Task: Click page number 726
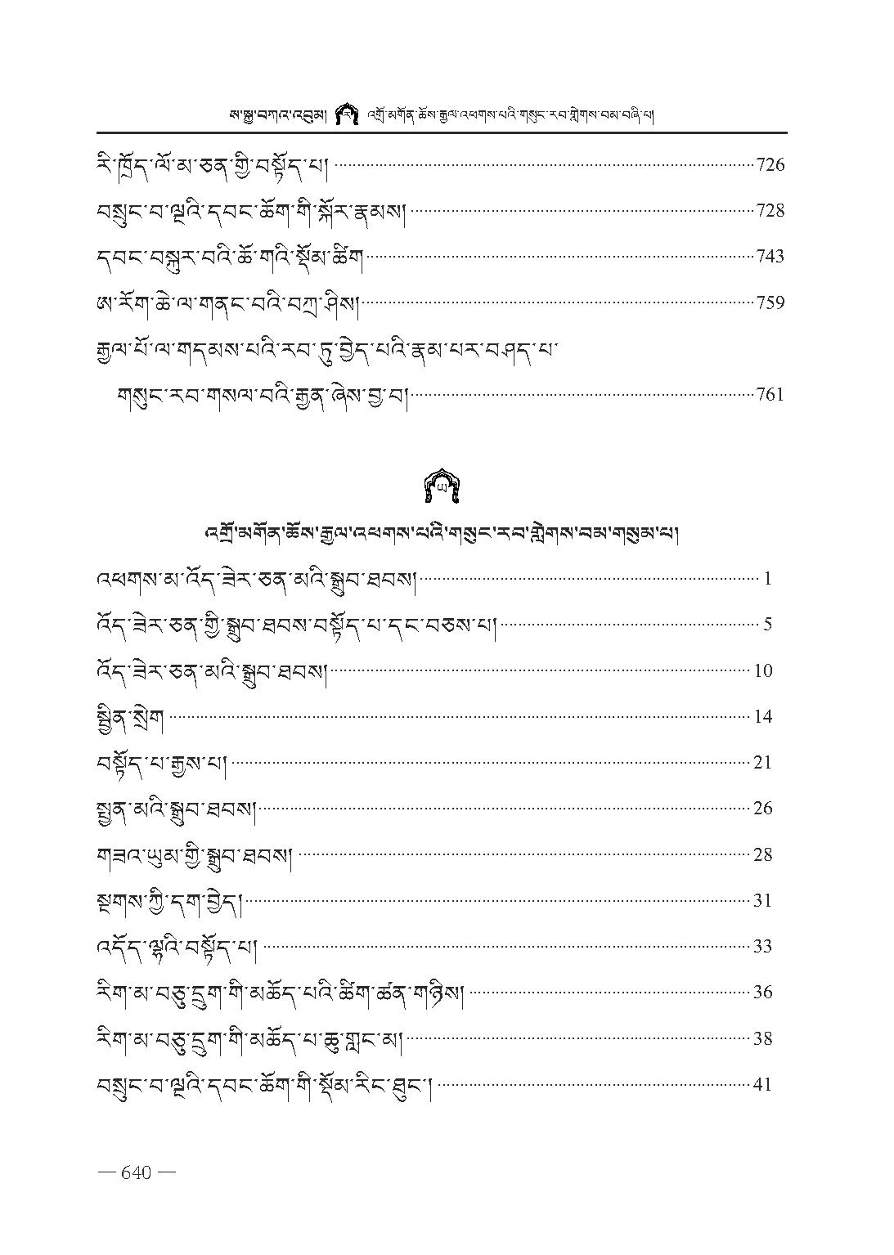[x=770, y=165]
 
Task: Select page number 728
[x=770, y=211]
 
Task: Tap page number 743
[x=770, y=257]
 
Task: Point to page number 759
[x=770, y=303]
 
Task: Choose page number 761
[x=770, y=395]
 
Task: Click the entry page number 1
[x=768, y=580]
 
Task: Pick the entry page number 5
[x=768, y=625]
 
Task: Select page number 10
[x=763, y=671]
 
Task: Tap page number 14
[x=763, y=717]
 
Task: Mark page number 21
[x=763, y=763]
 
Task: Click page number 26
[x=763, y=809]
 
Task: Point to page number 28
[x=763, y=855]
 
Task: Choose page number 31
[x=763, y=901]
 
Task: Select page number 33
[x=763, y=947]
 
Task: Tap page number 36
[x=763, y=993]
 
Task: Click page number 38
[x=763, y=1039]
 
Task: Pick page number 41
[x=763, y=1085]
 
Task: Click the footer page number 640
[x=136, y=1172]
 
